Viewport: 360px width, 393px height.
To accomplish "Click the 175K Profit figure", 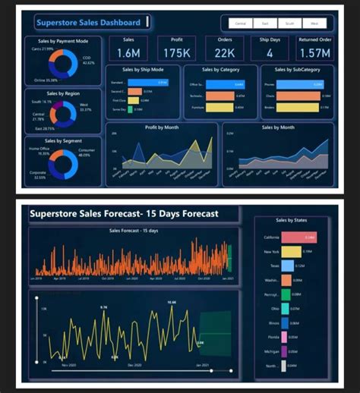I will (x=176, y=52).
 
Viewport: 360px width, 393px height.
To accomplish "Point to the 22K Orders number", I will (x=224, y=52).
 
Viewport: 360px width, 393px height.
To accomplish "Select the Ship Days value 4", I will (x=270, y=52).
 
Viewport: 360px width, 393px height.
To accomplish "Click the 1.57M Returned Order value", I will (x=314, y=52).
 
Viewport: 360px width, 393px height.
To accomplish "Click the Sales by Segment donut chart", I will (x=62, y=164).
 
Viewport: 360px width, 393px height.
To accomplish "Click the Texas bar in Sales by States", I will (x=288, y=266).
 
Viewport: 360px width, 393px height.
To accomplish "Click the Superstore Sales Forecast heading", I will (x=123, y=214).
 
